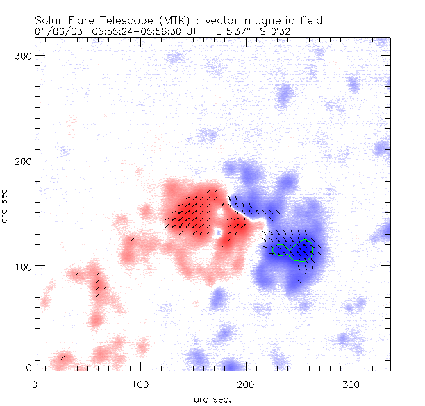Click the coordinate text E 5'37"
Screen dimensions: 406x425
click(x=235, y=32)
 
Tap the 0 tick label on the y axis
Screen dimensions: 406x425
click(x=28, y=367)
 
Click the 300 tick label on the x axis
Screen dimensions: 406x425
click(x=351, y=384)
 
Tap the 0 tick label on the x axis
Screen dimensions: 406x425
click(x=35, y=384)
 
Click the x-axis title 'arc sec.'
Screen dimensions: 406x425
click(x=212, y=398)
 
